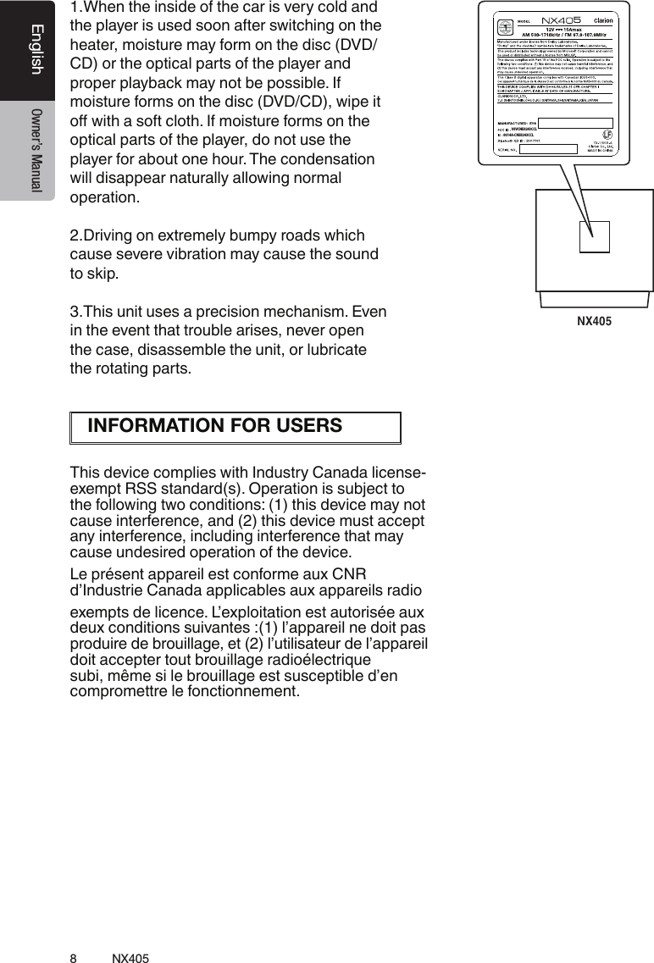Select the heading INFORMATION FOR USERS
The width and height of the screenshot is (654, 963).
click(215, 425)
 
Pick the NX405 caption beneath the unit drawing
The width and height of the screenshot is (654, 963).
click(594, 322)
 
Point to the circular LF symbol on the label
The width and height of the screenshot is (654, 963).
click(607, 135)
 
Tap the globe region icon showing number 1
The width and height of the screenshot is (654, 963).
click(508, 25)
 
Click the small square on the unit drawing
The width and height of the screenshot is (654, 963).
click(594, 236)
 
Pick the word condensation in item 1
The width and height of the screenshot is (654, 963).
click(307, 160)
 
